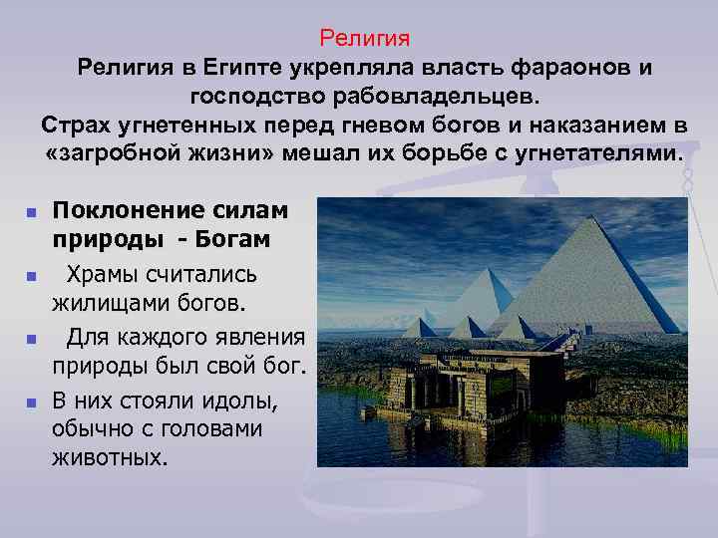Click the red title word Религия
(364, 39)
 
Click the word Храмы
(108, 274)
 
